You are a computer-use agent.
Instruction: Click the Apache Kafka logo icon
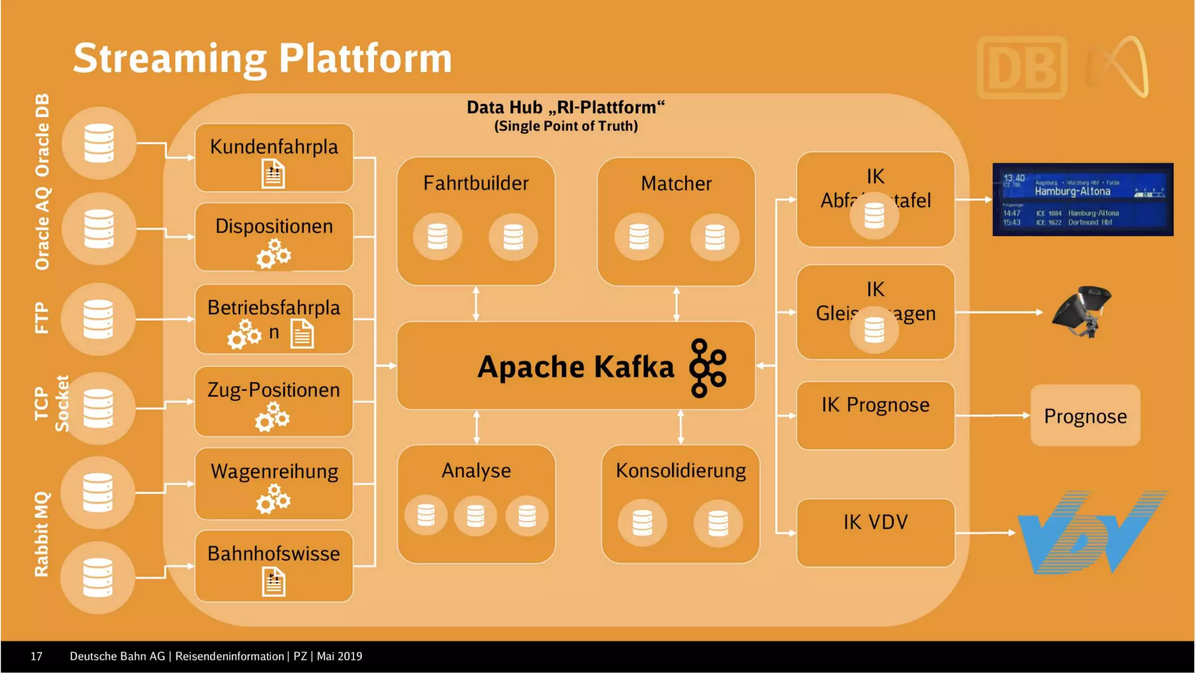[708, 368]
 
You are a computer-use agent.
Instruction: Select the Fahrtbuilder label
[476, 183]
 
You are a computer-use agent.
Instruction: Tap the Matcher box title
[676, 184]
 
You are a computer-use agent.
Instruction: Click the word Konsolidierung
[681, 471]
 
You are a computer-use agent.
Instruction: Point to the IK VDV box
[875, 532]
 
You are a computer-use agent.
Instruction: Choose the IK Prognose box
[875, 415]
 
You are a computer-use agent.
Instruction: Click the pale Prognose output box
[1085, 416]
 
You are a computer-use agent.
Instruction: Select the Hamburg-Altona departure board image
[1083, 199]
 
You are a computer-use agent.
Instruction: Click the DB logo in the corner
[1022, 68]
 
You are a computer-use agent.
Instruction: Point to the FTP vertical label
[41, 318]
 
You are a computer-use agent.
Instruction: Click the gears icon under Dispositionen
[273, 255]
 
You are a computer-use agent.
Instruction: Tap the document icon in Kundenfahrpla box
[273, 175]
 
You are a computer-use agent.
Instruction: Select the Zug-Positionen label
[273, 390]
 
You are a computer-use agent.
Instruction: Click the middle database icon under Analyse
[475, 516]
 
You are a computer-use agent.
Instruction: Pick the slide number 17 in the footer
[36, 657]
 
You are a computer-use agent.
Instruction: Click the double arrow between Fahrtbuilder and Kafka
[476, 303]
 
